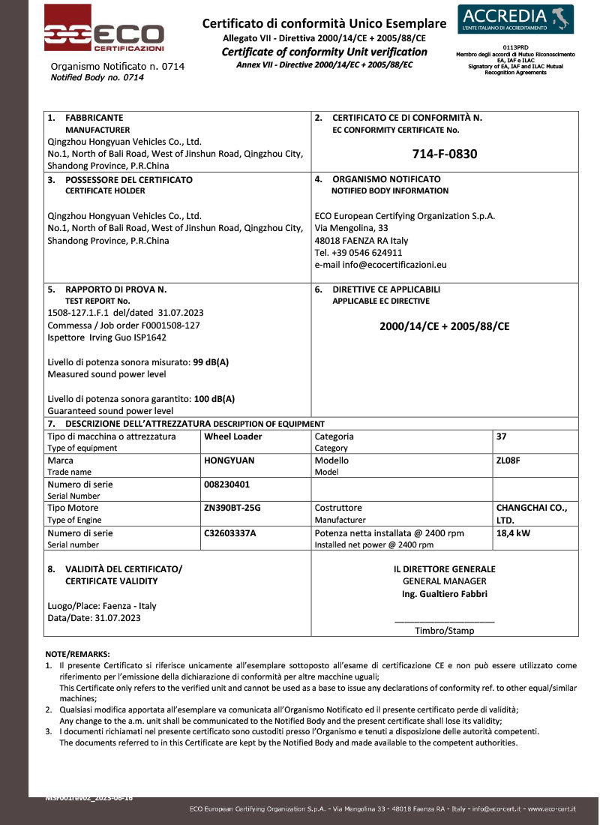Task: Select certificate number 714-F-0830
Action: click(x=445, y=154)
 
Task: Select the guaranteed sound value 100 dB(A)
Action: click(x=214, y=399)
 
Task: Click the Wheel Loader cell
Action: click(x=233, y=436)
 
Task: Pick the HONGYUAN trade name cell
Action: click(x=229, y=460)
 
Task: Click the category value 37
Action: click(x=502, y=436)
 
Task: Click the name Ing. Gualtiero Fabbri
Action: click(x=445, y=594)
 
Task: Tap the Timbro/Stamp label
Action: click(x=445, y=631)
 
